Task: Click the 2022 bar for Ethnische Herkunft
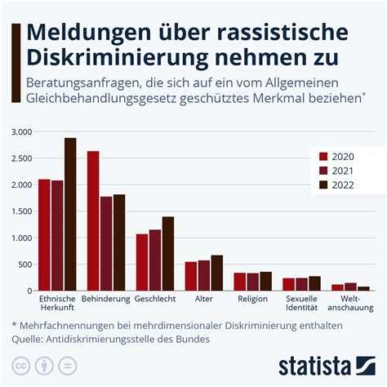click(70, 215)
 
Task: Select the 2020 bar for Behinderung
click(93, 221)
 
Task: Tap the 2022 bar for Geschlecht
click(168, 254)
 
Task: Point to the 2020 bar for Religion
click(240, 282)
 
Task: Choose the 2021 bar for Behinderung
click(106, 243)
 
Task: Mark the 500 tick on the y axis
click(24, 265)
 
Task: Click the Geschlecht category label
click(155, 299)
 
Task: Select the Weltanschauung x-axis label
click(350, 304)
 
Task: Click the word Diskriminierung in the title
click(108, 60)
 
